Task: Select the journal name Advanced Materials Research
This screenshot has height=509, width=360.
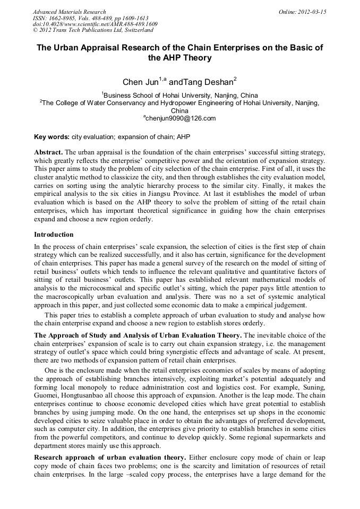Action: coord(69,11)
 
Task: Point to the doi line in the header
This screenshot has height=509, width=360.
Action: coord(95,24)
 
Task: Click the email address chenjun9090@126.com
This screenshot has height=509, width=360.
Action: coord(179,118)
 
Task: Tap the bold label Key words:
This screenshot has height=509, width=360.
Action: coord(52,136)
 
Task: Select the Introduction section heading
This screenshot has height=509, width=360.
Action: coord(54,234)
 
